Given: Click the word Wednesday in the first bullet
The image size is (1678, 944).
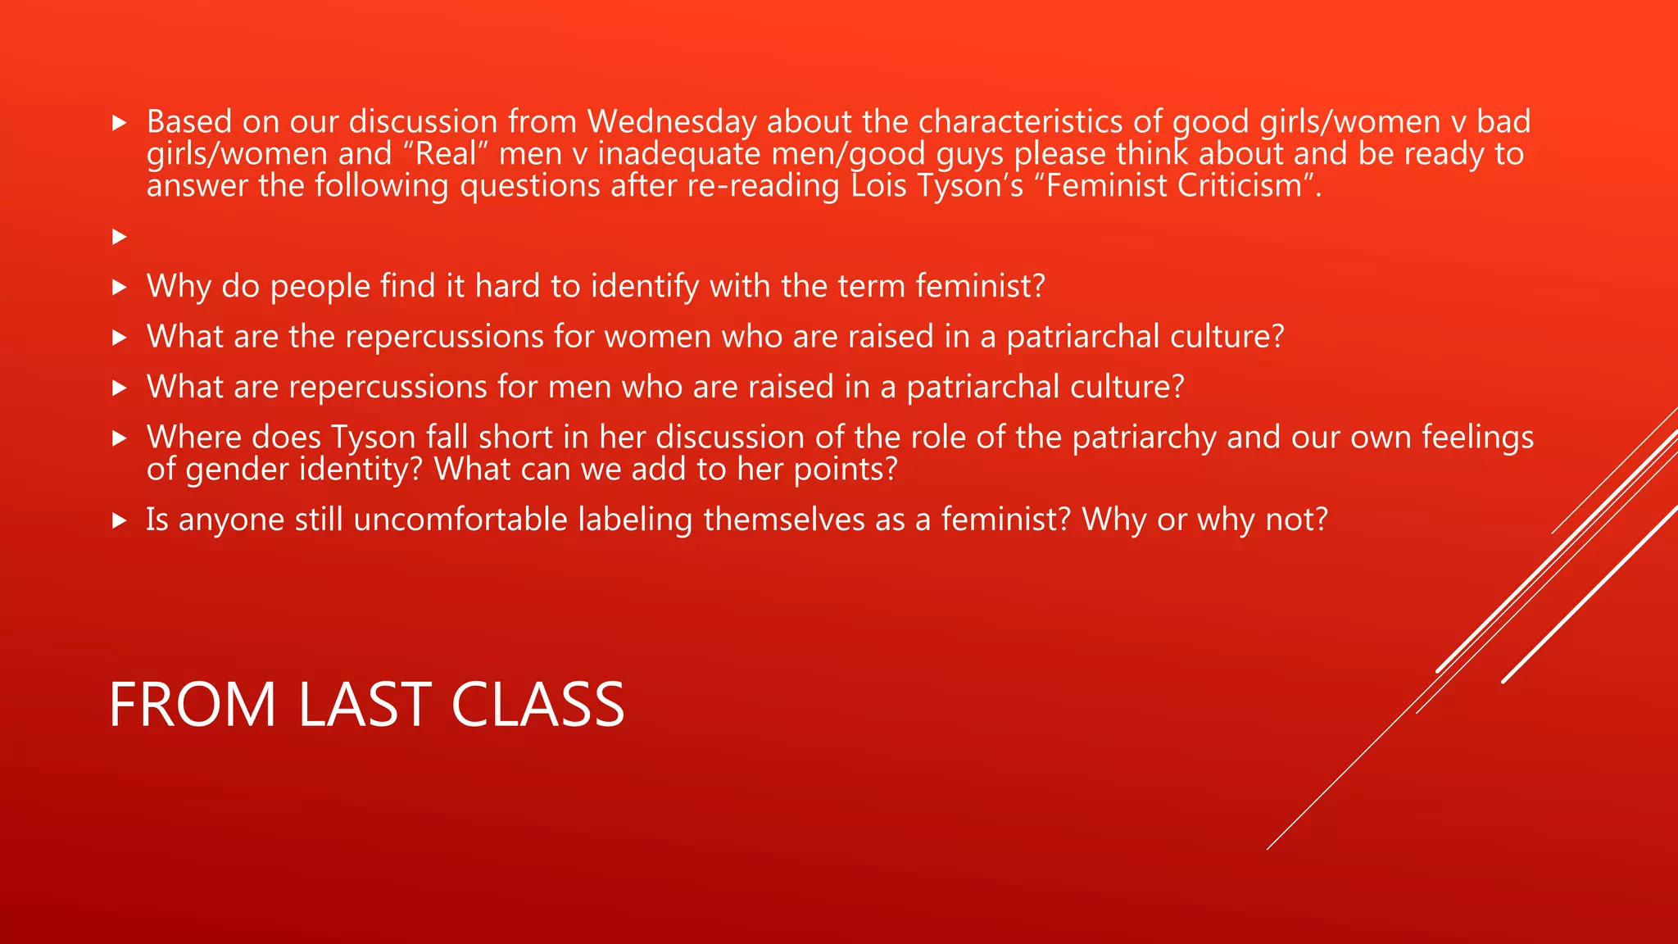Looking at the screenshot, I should tap(672, 122).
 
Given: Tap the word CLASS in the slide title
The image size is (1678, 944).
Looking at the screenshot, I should tap(537, 705).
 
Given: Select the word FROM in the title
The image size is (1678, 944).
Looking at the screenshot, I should tap(193, 705).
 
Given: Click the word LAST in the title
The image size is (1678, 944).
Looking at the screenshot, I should tap(364, 705).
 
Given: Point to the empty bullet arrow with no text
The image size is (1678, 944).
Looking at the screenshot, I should tap(120, 237).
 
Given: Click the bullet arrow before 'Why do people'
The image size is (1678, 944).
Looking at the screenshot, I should tap(120, 287).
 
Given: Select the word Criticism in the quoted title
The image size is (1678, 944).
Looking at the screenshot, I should tap(1240, 186).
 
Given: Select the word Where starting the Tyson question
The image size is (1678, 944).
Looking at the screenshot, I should tap(193, 438).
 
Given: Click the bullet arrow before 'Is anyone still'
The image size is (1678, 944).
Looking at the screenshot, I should tap(120, 520).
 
